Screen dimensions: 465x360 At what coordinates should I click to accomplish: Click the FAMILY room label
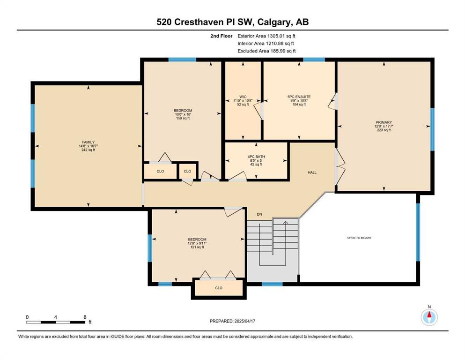coord(89,142)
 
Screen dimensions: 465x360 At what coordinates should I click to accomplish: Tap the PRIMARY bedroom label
coord(384,122)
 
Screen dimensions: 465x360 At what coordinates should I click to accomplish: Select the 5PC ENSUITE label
coord(299,97)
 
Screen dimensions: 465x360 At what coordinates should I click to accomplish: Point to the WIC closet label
coord(243,97)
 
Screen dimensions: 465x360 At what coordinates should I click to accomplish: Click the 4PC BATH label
coord(256,157)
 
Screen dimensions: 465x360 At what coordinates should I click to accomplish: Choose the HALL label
coord(312,172)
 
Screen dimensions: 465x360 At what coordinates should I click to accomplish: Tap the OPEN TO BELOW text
coord(359,238)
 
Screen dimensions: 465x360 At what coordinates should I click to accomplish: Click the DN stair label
coord(259,214)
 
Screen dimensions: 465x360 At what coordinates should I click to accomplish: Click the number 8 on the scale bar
coord(85,317)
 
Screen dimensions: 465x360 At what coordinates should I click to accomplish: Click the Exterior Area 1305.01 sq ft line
coord(266,36)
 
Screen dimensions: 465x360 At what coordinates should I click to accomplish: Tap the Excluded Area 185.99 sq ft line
coord(266,51)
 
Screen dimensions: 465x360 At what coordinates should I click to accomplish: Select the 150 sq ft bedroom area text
coord(183,118)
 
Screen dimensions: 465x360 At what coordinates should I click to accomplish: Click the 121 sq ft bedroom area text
coord(197,247)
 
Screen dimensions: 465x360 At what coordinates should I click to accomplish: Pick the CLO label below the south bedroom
coord(219,288)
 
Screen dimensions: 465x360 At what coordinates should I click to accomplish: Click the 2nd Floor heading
coord(221,36)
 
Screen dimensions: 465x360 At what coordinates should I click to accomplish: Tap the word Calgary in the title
coord(274,22)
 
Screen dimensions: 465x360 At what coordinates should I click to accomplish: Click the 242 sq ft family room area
coord(89,150)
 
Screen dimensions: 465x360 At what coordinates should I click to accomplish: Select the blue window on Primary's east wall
coord(432,129)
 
